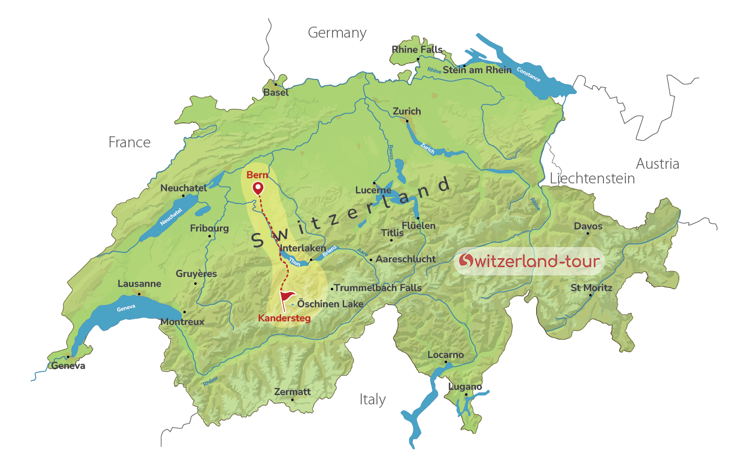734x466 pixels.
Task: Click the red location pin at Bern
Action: pyautogui.click(x=258, y=188)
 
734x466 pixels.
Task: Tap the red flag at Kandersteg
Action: pyautogui.click(x=287, y=298)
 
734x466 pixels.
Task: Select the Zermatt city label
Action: pyautogui.click(x=292, y=392)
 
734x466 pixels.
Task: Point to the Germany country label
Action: pyautogui.click(x=337, y=33)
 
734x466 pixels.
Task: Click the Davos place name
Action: pyautogui.click(x=588, y=226)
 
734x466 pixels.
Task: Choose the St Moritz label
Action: pyautogui.click(x=591, y=288)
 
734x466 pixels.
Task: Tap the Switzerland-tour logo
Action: pyautogui.click(x=529, y=261)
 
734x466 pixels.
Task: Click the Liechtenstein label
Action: pyautogui.click(x=592, y=179)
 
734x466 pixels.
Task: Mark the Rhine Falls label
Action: pyautogui.click(x=417, y=50)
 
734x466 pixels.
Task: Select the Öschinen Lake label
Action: pyautogui.click(x=330, y=304)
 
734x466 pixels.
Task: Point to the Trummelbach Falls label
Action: pyautogui.click(x=377, y=288)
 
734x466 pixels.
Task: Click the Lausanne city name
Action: pyautogui.click(x=139, y=284)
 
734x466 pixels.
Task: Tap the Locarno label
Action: pyautogui.click(x=445, y=355)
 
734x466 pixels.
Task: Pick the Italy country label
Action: pyautogui.click(x=372, y=400)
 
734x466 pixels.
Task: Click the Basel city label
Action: pyautogui.click(x=276, y=92)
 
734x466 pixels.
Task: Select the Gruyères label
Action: pyautogui.click(x=196, y=274)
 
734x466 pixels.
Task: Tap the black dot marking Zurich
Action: pyautogui.click(x=407, y=121)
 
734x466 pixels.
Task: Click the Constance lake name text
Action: pyautogui.click(x=528, y=75)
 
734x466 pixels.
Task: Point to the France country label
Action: pyautogui.click(x=129, y=143)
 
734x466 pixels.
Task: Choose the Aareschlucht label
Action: pyautogui.click(x=406, y=259)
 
